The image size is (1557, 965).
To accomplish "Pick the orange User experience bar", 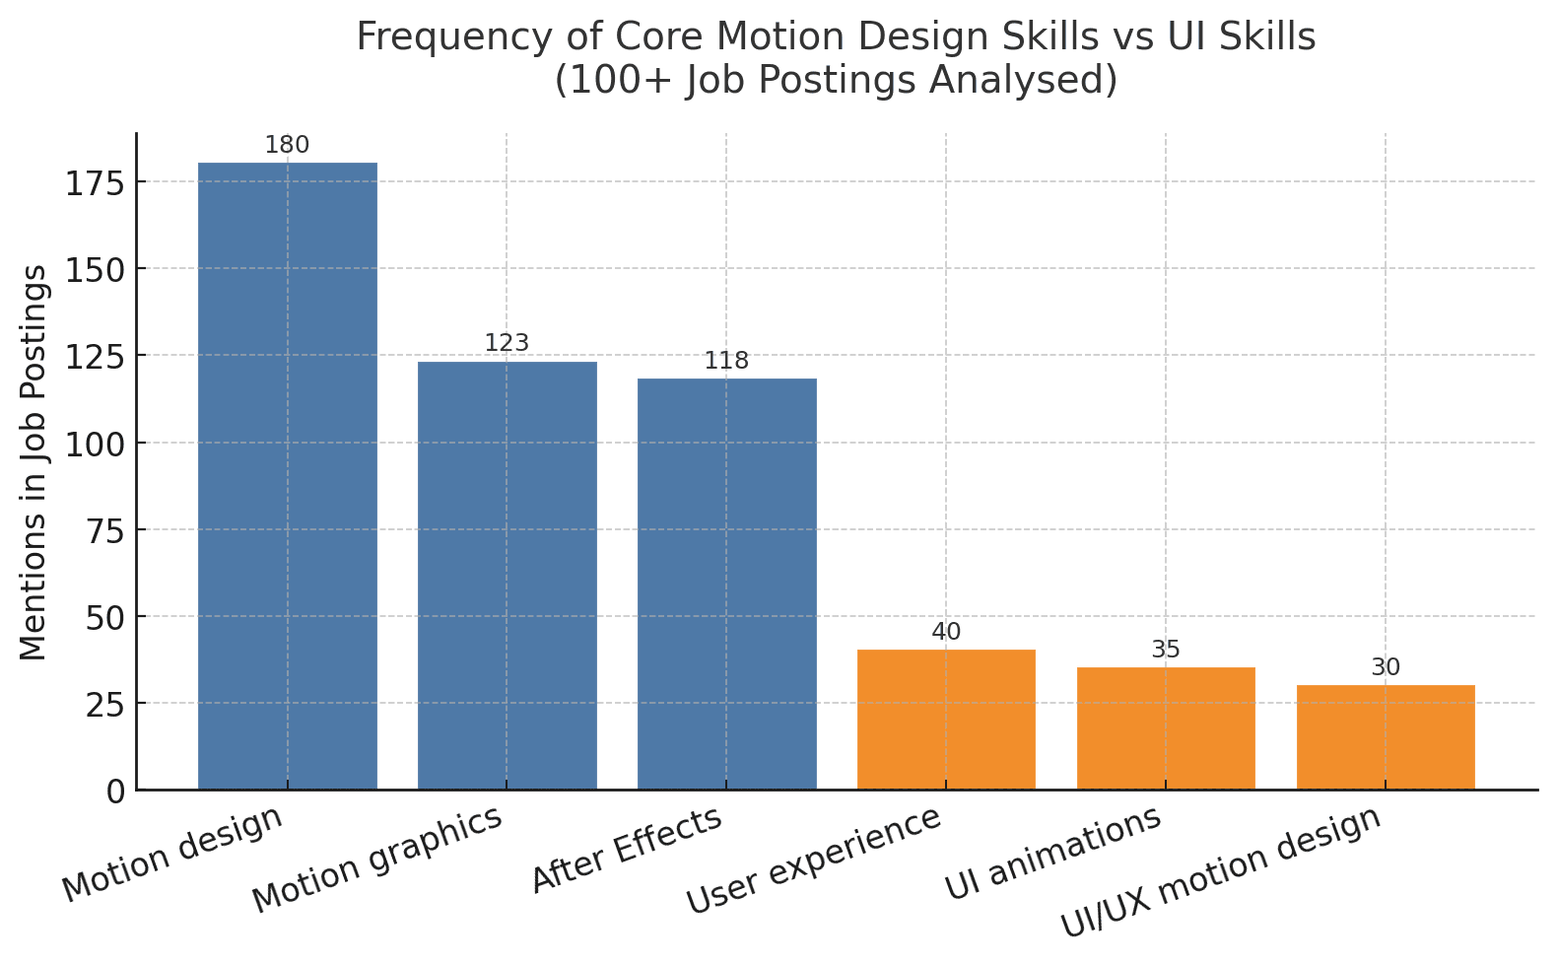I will pos(946,719).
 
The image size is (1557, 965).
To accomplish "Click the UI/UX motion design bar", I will pos(1386,736).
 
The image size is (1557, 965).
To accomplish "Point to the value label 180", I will pos(287,146).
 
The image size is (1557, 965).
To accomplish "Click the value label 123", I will pos(507,343).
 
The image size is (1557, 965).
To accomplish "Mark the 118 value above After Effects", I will pos(726,361).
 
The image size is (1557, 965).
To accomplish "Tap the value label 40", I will pos(946,632).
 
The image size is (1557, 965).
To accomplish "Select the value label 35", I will pos(1166,650).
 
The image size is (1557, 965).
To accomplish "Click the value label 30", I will pos(1386,667).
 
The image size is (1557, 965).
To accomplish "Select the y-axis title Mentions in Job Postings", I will pos(34,462).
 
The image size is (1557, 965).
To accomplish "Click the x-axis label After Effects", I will pos(628,851).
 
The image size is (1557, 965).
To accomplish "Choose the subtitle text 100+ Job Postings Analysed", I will pos(836,80).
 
